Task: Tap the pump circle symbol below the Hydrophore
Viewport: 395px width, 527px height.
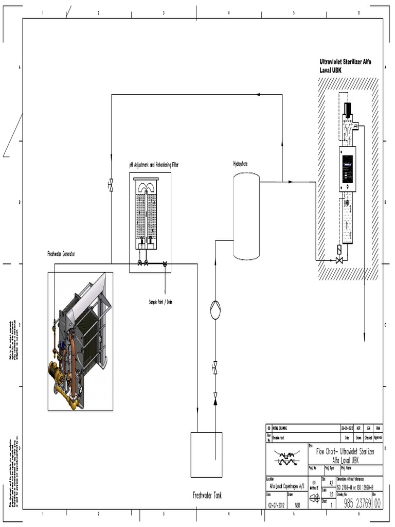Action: [215, 311]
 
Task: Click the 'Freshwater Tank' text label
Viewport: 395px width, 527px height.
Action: [207, 495]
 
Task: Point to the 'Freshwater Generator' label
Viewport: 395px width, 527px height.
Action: [61, 254]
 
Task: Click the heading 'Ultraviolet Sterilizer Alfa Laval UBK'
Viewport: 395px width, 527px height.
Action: [345, 65]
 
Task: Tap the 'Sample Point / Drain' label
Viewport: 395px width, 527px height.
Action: [160, 302]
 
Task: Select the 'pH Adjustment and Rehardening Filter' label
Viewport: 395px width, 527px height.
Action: [154, 165]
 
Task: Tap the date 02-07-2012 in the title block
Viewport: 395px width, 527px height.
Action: [276, 505]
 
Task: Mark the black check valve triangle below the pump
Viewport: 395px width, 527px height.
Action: [215, 397]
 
